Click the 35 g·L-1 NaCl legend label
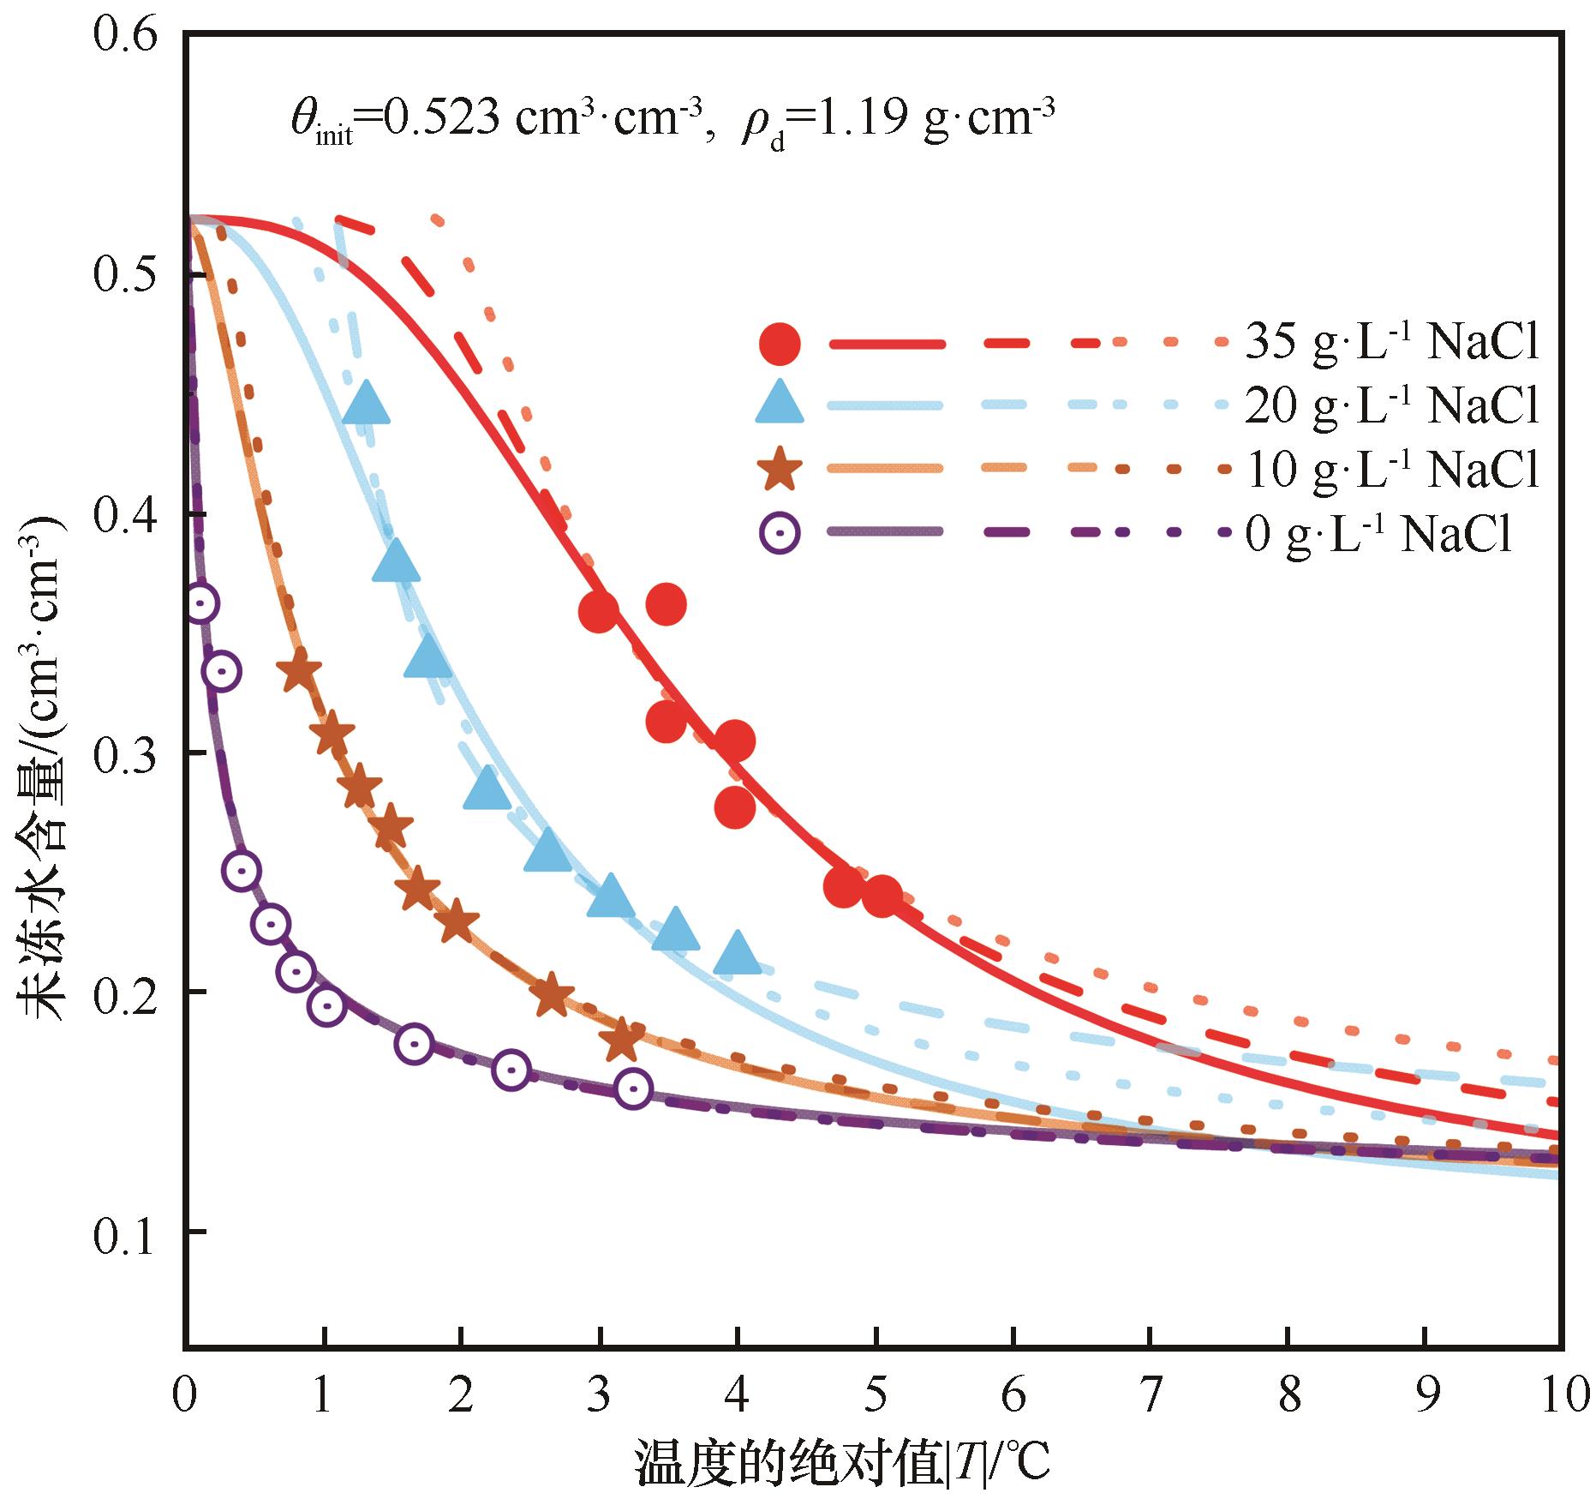click(x=1391, y=343)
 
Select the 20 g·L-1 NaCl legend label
click(x=1391, y=405)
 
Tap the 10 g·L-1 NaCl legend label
click(x=1391, y=469)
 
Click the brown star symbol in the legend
click(x=780, y=471)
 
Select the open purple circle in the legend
click(x=780, y=533)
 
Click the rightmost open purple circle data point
click(x=633, y=1088)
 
